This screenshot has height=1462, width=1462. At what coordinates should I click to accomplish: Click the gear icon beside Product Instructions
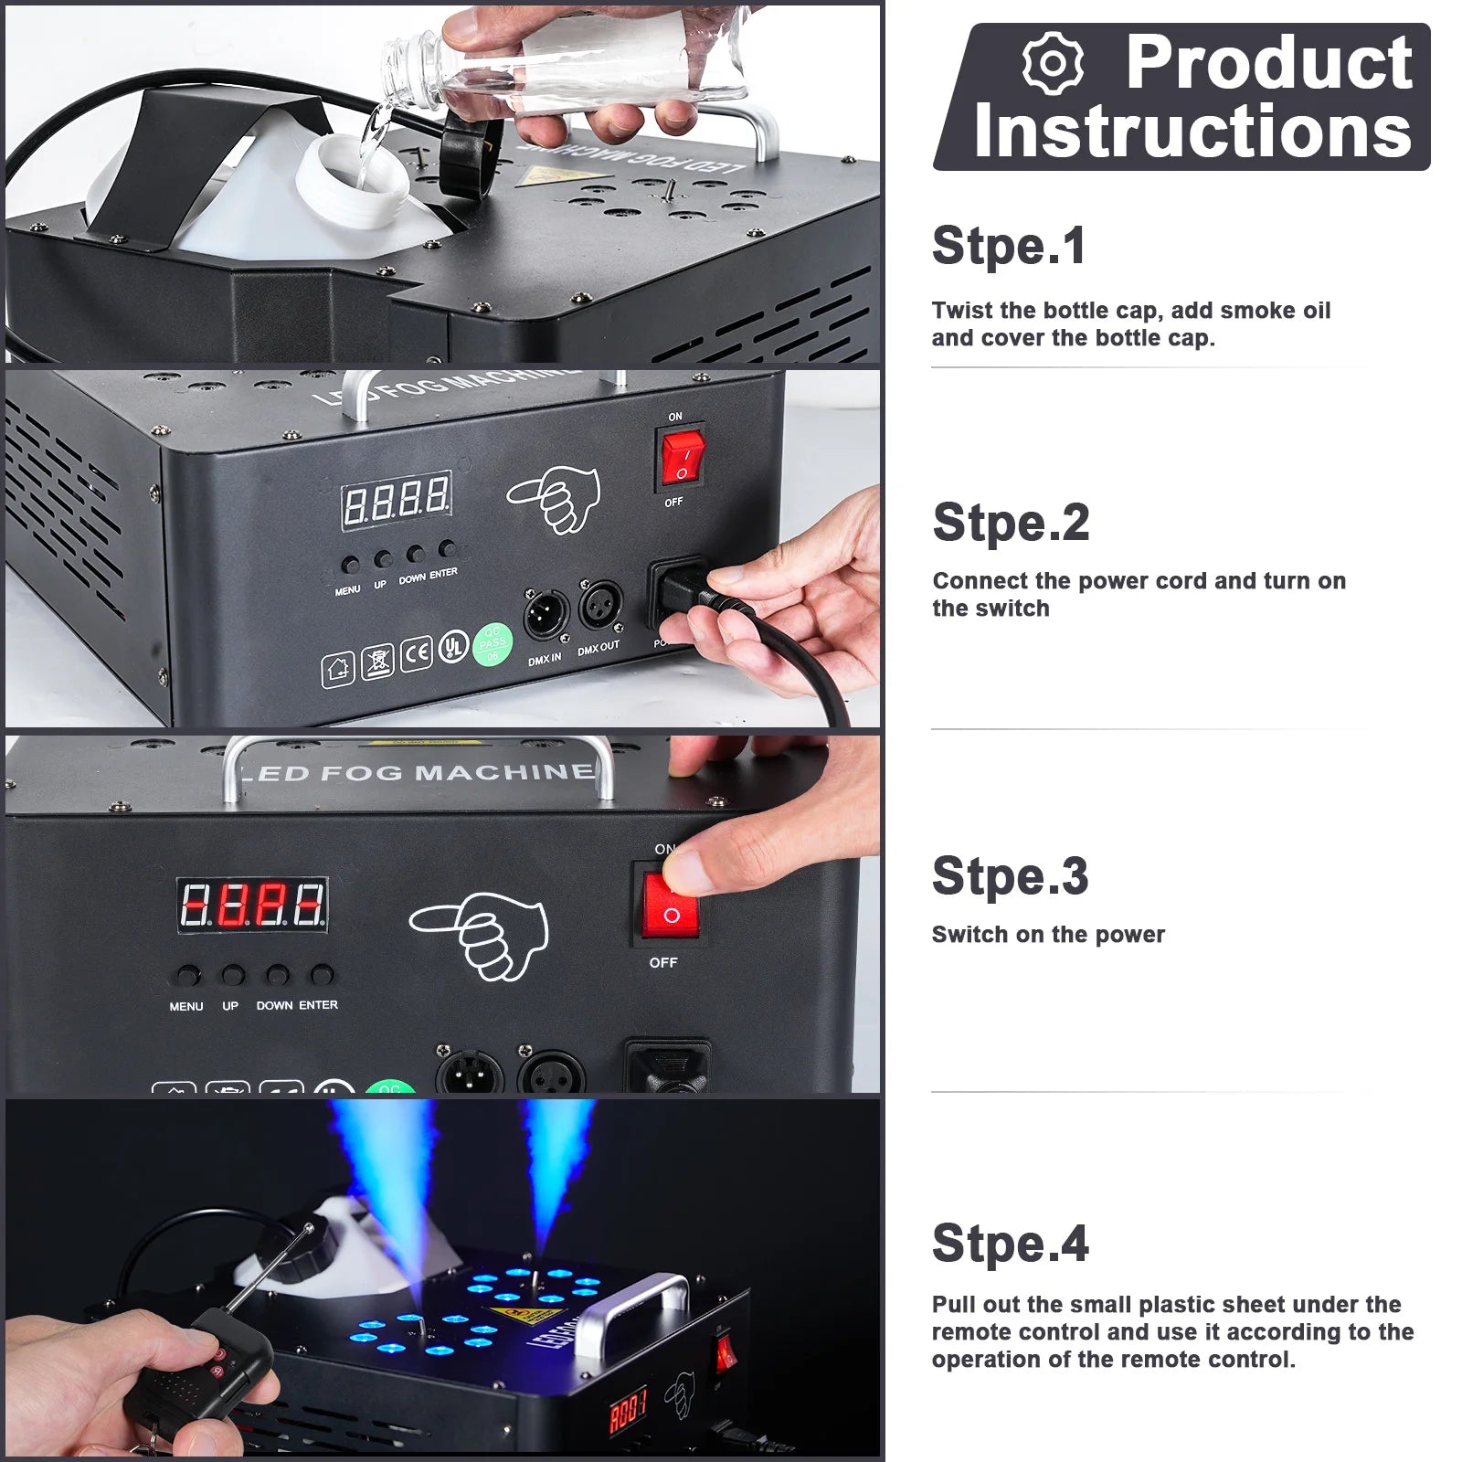click(1053, 63)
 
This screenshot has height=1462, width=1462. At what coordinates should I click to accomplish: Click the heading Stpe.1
click(1009, 246)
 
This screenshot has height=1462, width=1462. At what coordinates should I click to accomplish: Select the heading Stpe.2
click(1011, 523)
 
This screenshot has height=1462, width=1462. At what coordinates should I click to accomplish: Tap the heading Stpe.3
click(1010, 876)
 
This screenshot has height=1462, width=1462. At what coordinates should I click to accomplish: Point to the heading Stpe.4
click(1010, 1244)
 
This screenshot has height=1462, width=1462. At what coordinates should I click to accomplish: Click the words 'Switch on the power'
click(1048, 935)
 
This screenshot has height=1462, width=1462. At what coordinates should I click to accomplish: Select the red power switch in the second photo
click(683, 461)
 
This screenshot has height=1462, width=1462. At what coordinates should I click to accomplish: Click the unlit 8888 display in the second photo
click(397, 500)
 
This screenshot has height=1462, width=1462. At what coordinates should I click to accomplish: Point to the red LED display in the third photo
click(251, 906)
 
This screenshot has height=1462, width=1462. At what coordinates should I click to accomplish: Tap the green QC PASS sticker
click(493, 644)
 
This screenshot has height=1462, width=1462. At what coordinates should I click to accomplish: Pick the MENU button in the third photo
click(187, 976)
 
